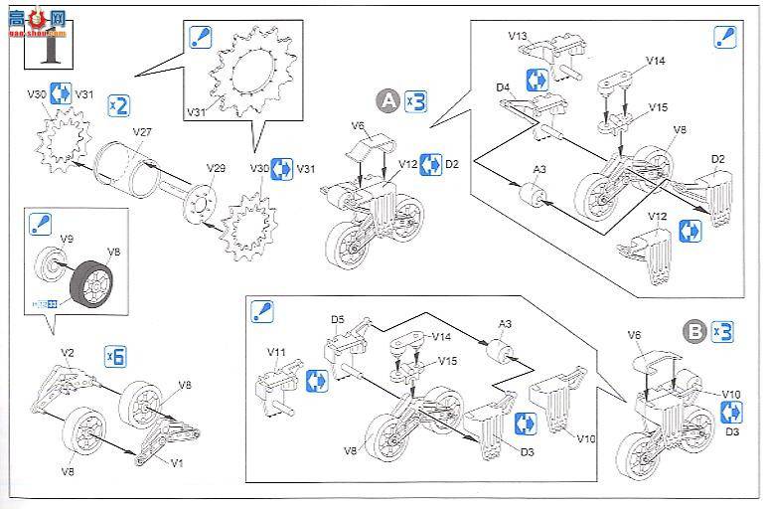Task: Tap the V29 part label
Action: (x=216, y=168)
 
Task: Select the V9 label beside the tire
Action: (x=68, y=239)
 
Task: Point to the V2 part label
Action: (x=68, y=353)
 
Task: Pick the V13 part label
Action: (x=517, y=36)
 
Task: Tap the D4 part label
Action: (x=504, y=87)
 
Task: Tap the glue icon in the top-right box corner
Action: (x=725, y=38)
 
